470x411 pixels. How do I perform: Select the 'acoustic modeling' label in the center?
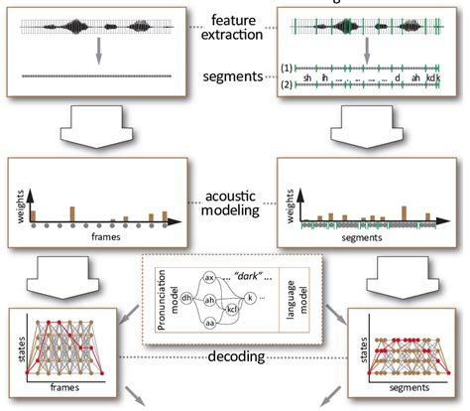coord(233,199)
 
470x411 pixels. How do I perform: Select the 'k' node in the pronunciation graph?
coord(264,296)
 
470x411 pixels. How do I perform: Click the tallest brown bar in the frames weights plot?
coord(71,213)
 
